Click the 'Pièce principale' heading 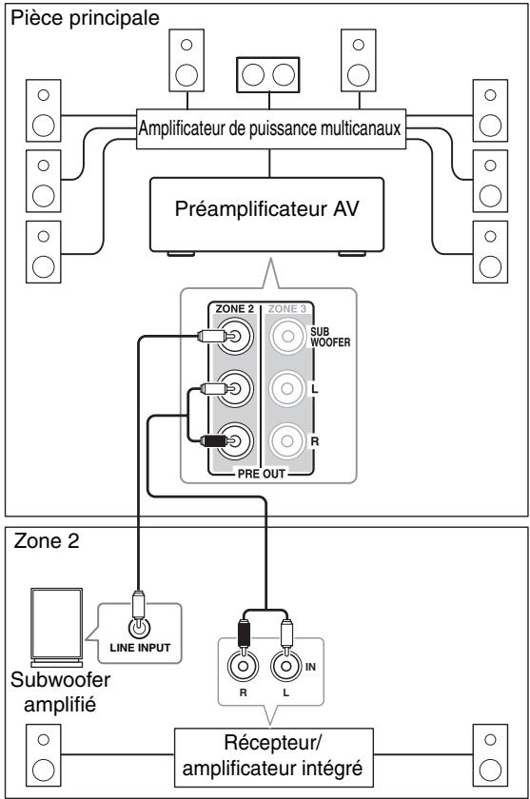point(85,18)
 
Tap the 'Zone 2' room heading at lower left point(47,540)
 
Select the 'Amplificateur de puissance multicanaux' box point(270,128)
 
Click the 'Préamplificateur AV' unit point(266,215)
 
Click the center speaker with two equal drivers point(268,75)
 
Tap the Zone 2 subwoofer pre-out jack point(235,336)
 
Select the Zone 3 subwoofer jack point(287,336)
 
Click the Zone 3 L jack point(287,389)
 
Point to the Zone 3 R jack point(287,440)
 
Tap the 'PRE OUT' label point(262,474)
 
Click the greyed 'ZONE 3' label point(287,309)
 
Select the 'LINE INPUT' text point(140,648)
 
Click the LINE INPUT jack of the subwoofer point(139,628)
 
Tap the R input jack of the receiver point(243,666)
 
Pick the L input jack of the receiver point(285,666)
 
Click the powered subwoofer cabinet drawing point(56,627)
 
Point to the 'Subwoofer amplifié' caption point(60,692)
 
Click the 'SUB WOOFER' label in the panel point(330,337)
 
